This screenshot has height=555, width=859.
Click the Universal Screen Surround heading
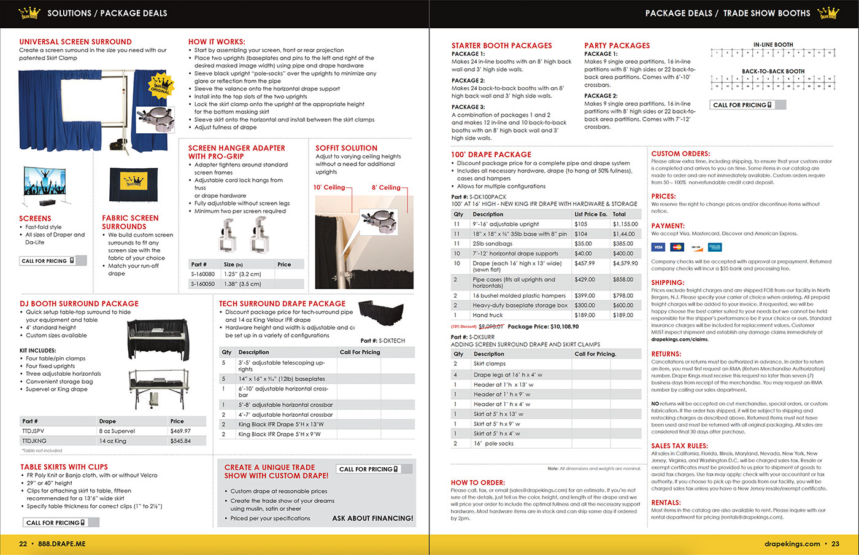(x=75, y=42)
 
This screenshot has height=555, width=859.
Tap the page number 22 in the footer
(x=23, y=544)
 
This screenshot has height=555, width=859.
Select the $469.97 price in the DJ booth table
(x=180, y=431)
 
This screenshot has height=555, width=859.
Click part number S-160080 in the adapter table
(x=203, y=274)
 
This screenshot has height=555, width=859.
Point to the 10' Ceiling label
(x=329, y=187)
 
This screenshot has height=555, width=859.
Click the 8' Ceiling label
(x=386, y=187)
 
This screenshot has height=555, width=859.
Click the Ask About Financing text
(x=372, y=518)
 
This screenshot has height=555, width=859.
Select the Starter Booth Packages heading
(x=501, y=45)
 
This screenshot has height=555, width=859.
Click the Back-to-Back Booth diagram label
(x=773, y=71)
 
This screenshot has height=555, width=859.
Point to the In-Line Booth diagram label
(x=773, y=45)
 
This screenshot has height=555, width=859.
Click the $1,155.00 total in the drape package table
(x=625, y=224)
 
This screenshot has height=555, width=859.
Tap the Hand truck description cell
(x=488, y=315)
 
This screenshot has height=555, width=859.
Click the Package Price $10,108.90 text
(x=543, y=327)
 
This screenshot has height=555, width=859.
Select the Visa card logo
(x=658, y=247)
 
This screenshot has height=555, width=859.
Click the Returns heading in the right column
(x=666, y=354)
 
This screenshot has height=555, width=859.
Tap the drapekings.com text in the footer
(x=792, y=544)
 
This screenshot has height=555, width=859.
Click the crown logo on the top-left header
(x=29, y=13)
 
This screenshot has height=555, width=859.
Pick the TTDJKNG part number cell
(x=34, y=441)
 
